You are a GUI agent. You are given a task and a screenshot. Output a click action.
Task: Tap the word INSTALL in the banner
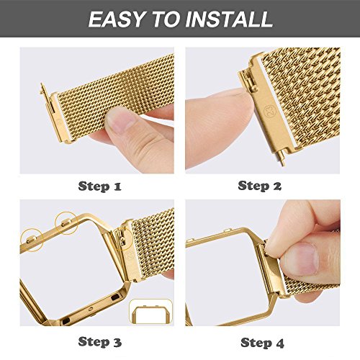(x=229, y=19)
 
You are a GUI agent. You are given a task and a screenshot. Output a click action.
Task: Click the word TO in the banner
(x=166, y=19)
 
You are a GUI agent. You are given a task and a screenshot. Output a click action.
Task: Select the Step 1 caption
(x=100, y=186)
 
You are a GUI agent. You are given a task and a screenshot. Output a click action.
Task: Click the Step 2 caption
(x=260, y=186)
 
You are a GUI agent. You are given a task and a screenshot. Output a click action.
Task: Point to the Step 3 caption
(x=100, y=342)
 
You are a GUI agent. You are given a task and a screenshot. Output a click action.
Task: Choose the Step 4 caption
(x=262, y=343)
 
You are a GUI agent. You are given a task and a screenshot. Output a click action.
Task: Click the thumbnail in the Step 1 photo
(x=120, y=121)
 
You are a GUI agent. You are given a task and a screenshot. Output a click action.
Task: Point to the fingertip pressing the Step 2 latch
(x=236, y=101)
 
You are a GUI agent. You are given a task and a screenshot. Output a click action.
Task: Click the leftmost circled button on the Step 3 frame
(x=32, y=239)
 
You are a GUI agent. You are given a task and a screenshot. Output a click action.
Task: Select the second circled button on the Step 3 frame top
(x=66, y=223)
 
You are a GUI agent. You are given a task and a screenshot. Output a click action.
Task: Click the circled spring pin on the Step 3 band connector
(x=122, y=240)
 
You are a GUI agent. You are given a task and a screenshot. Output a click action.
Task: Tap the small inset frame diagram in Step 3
(x=150, y=311)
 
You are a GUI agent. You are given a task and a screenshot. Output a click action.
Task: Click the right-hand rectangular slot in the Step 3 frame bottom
(x=114, y=298)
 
